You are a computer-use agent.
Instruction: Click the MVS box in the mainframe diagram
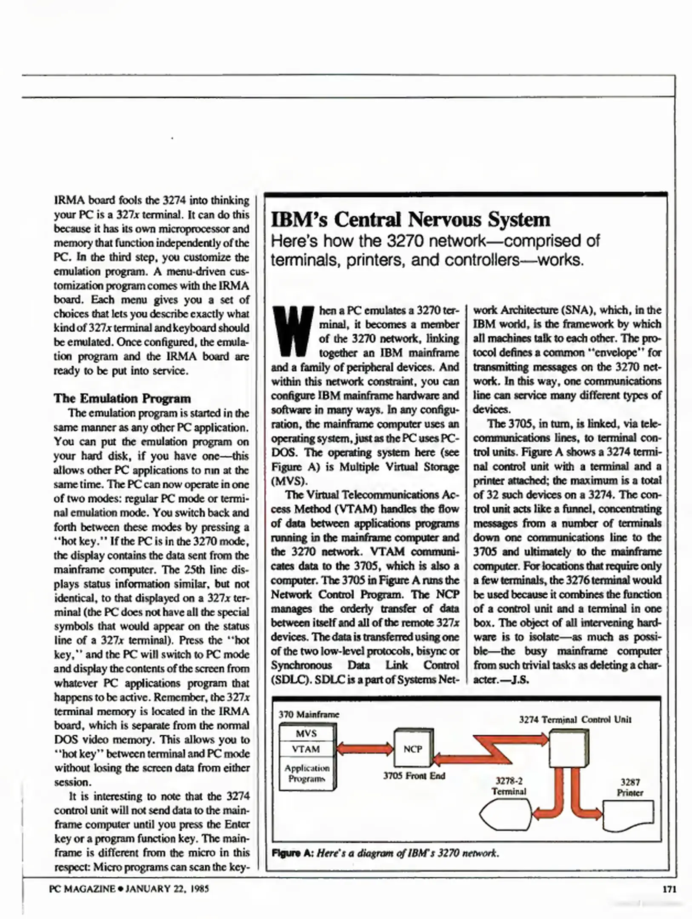(x=306, y=733)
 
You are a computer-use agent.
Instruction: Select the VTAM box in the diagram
(x=306, y=749)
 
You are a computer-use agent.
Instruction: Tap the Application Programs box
(x=307, y=773)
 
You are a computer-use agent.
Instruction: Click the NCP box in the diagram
(x=412, y=749)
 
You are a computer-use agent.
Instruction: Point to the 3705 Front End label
(x=414, y=776)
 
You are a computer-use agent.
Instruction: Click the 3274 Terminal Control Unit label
(x=575, y=719)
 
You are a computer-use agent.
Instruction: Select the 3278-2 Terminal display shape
(x=506, y=814)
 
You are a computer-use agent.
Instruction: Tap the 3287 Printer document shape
(x=628, y=815)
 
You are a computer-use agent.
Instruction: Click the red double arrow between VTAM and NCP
(x=365, y=749)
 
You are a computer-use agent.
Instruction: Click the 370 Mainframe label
(x=309, y=714)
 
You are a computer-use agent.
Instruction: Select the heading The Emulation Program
(x=122, y=399)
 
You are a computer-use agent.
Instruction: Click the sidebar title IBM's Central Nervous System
(x=411, y=220)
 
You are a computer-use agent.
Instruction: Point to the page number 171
(x=669, y=889)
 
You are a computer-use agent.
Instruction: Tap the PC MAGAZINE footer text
(x=82, y=889)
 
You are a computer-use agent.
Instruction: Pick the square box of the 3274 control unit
(x=569, y=749)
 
